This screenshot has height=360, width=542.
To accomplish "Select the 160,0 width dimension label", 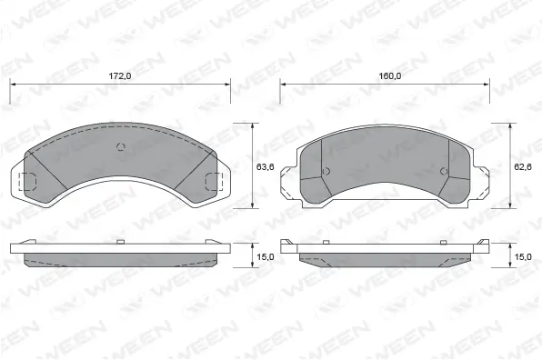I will pos(391,76).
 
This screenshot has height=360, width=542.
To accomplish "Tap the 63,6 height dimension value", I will pos(266,166).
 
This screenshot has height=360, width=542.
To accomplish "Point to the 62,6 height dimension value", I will pos(523,166).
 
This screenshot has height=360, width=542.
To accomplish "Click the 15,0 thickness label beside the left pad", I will pos(264,257).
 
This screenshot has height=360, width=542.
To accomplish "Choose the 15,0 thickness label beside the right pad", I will pos(523,257).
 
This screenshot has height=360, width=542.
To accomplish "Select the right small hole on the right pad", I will pos(443,171).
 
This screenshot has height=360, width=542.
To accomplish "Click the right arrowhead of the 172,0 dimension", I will pos(228,85).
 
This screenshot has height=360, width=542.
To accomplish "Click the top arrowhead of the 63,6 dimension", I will pos(252,125).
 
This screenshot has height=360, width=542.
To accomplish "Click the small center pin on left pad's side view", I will pos(122,242).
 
